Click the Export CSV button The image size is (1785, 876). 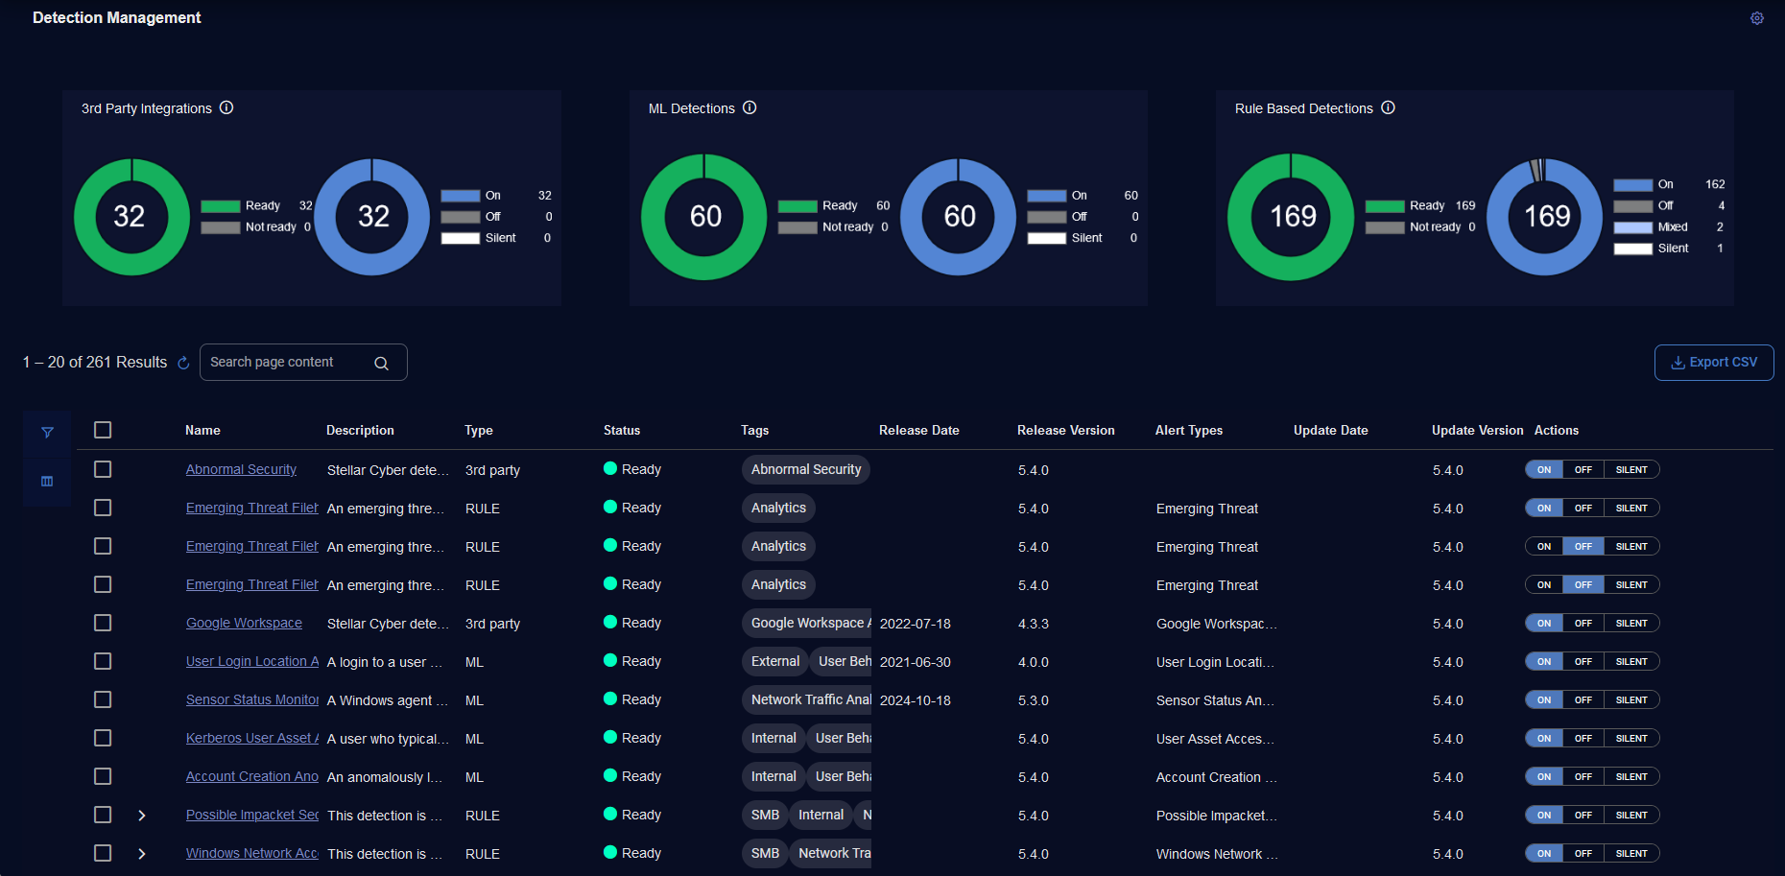coord(1714,363)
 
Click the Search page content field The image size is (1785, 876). coord(288,363)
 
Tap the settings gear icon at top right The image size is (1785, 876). coord(1756,18)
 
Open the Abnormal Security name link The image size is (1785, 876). coord(241,470)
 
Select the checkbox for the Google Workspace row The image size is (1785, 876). coord(103,623)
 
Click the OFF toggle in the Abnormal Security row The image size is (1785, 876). coord(1583,470)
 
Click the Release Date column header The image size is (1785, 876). coord(918,431)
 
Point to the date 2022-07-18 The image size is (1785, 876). coord(915,624)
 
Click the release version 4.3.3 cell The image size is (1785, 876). coord(1033,624)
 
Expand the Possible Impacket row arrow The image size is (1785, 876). coord(142,816)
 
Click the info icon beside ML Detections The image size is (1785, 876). coord(750,108)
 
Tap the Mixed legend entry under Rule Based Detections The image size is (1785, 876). coord(1672,227)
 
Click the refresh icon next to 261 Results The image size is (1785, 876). coord(183,363)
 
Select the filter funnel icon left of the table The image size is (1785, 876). coord(47,433)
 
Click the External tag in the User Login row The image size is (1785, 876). coord(775,661)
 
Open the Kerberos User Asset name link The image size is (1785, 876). coord(251,739)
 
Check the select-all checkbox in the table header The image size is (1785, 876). coord(103,430)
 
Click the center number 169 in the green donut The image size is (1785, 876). coord(1292,217)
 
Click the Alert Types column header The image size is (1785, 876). coord(1188,431)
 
